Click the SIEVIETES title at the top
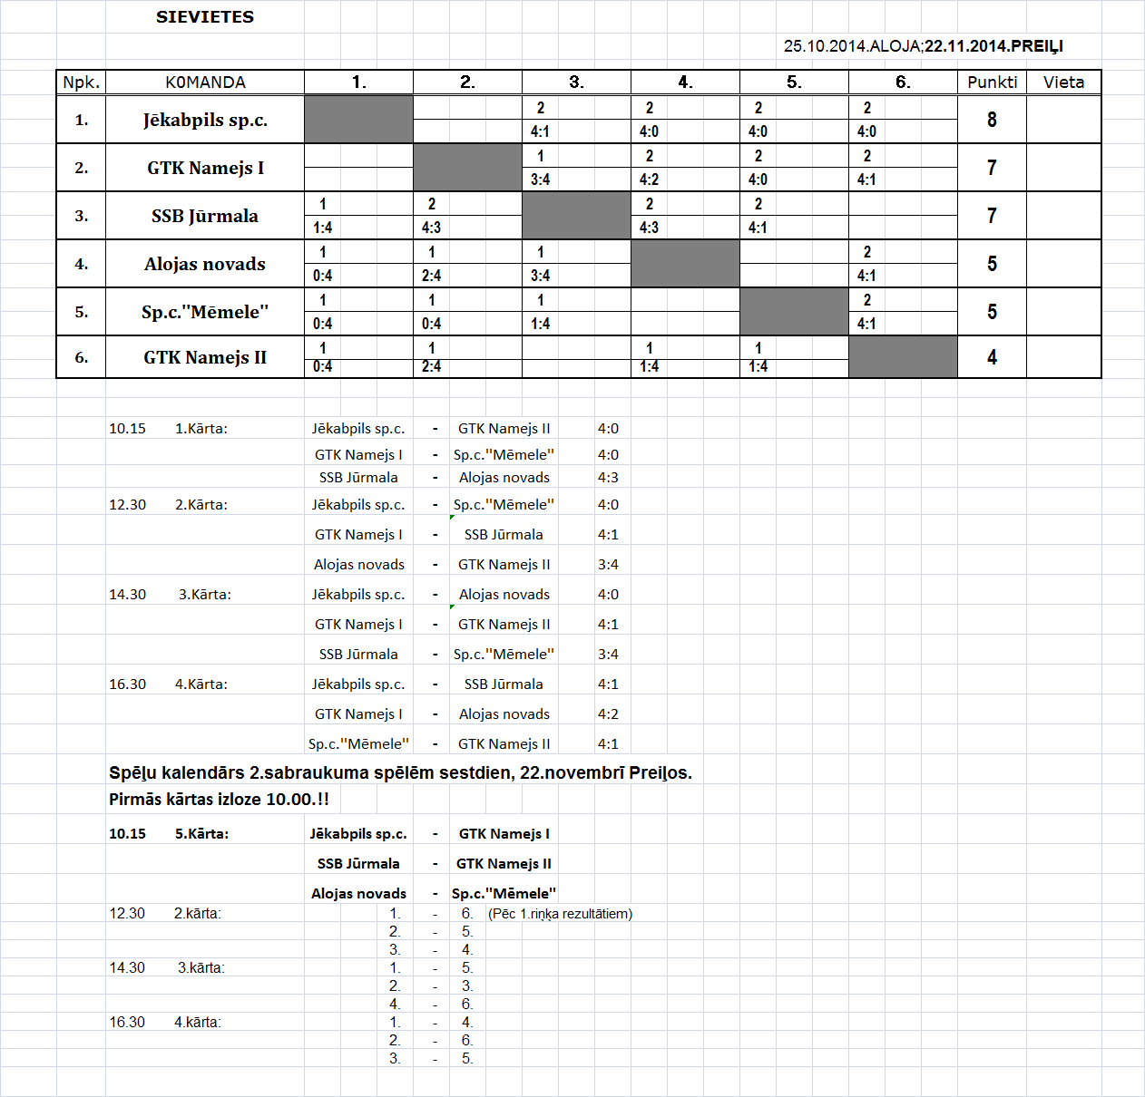click(x=205, y=17)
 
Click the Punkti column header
click(x=992, y=83)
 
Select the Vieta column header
click(x=1063, y=83)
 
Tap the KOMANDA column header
click(x=205, y=83)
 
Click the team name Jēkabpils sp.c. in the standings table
click(x=205, y=120)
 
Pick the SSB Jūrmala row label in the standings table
click(x=205, y=216)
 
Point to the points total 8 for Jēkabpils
click(x=992, y=120)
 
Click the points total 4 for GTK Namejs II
click(x=992, y=357)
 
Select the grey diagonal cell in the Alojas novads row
click(x=685, y=264)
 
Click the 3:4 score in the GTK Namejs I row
click(x=540, y=180)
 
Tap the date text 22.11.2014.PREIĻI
click(x=993, y=46)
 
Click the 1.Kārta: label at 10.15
click(x=201, y=429)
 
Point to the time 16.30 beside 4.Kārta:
click(x=127, y=684)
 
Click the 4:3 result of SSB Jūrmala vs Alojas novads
click(x=608, y=478)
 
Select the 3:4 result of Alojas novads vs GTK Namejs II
click(x=608, y=565)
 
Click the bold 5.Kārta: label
click(x=201, y=834)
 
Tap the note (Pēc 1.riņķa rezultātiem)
click(x=560, y=914)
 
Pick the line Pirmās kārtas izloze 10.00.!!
click(x=219, y=800)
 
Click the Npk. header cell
click(x=81, y=83)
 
